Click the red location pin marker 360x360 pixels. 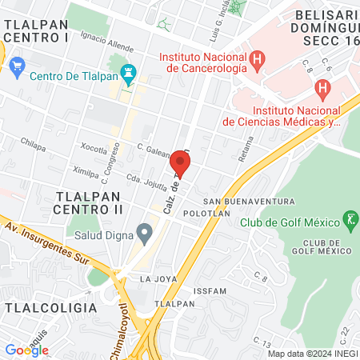[x=180, y=164]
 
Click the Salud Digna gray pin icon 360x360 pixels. [x=144, y=234]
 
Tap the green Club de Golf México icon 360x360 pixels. [x=350, y=218]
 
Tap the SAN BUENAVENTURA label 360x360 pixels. [x=239, y=201]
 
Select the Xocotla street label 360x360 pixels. [x=94, y=149]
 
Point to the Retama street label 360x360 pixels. [x=245, y=149]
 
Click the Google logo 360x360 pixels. [x=26, y=350]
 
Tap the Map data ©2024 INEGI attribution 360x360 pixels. [x=312, y=354]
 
